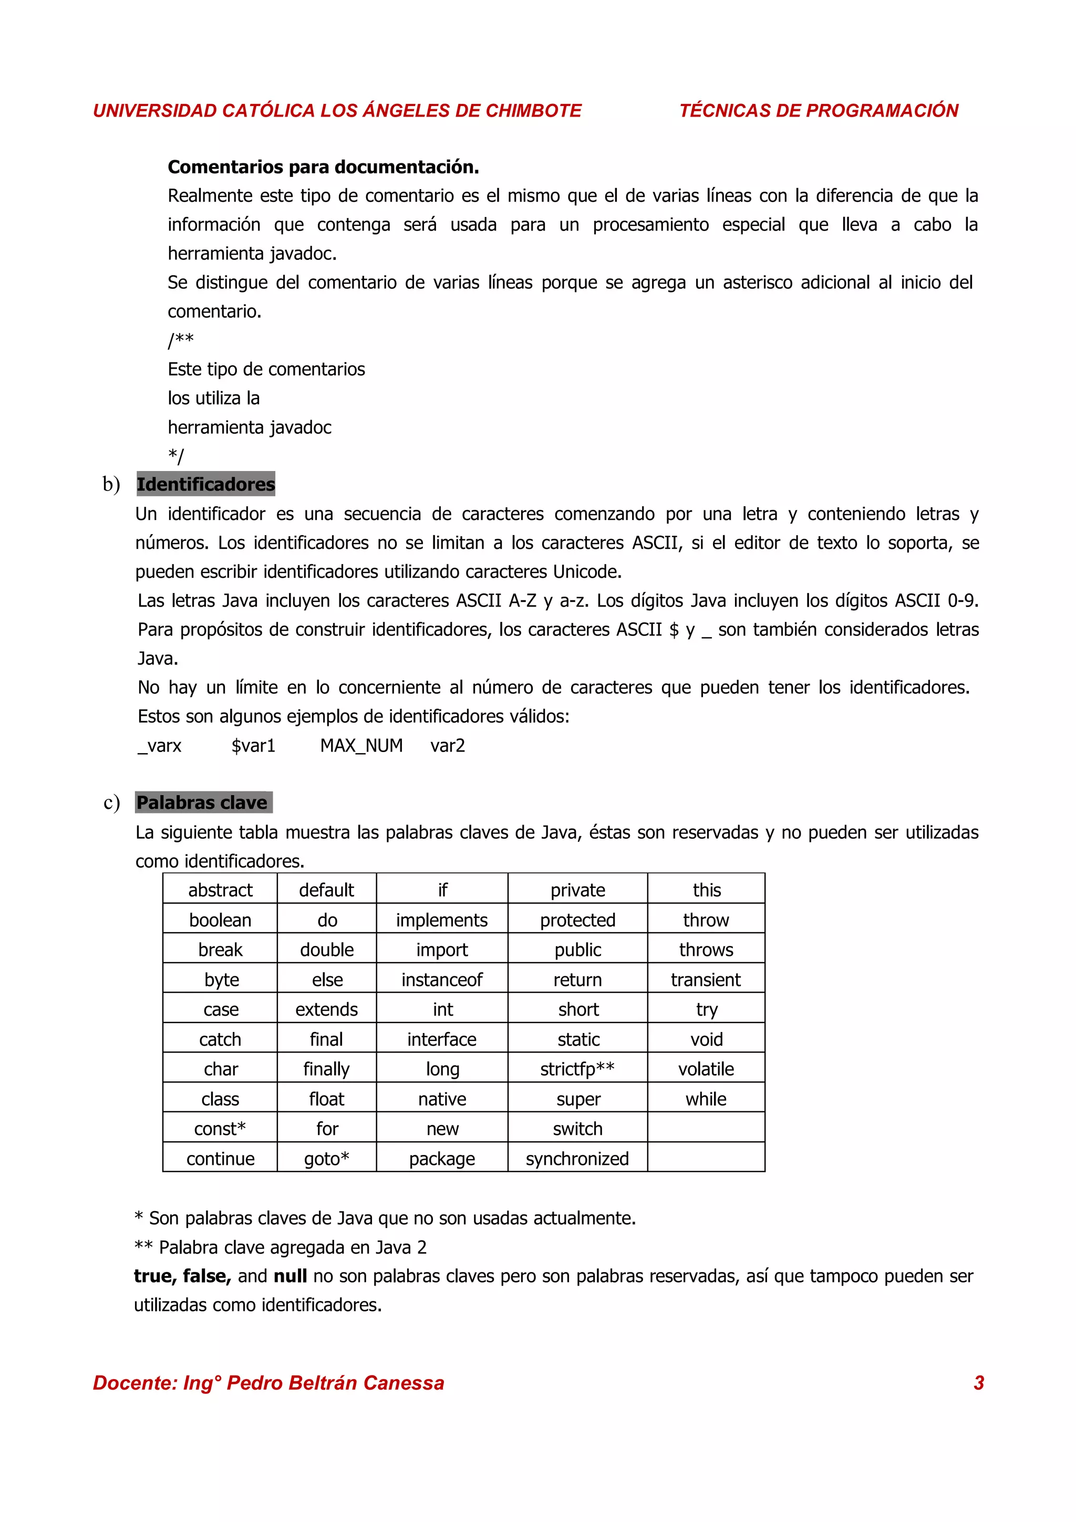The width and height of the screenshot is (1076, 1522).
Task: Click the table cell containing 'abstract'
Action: pos(220,890)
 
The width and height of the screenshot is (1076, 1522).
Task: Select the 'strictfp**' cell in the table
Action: pos(577,1069)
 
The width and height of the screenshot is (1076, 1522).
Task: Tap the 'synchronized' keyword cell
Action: pos(577,1158)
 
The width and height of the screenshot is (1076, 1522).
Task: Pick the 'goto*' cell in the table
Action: pos(326,1158)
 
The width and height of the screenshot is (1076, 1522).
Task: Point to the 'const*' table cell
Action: pos(220,1128)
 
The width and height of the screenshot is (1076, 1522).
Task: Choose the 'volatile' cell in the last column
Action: pos(706,1069)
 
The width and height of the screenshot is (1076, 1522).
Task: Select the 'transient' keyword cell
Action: pos(706,979)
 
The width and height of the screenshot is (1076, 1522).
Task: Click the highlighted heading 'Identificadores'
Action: pos(205,485)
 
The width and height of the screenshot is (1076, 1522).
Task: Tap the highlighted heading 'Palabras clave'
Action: pos(202,803)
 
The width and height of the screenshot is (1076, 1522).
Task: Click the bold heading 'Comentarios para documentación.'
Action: pos(323,167)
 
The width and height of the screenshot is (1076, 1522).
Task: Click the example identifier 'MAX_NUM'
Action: pos(361,746)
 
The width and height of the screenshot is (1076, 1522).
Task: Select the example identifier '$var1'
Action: pos(253,746)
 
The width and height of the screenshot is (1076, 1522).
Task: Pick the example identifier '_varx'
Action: pos(159,746)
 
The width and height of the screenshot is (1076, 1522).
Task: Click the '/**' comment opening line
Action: pos(180,340)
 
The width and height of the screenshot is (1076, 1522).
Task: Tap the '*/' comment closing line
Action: pos(175,455)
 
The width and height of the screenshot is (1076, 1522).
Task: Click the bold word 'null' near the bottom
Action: pos(289,1276)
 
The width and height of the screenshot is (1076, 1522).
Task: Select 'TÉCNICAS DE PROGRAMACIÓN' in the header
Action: pos(818,111)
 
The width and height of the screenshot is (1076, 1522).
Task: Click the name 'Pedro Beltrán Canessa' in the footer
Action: pos(336,1383)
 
